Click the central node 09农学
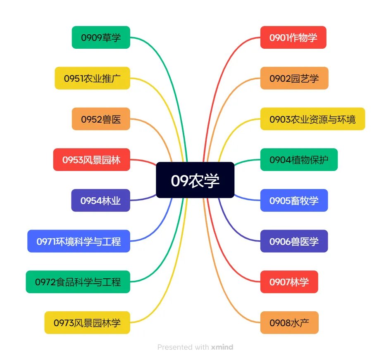click(x=195, y=180)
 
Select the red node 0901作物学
click(x=293, y=38)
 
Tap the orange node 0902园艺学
click(x=294, y=78)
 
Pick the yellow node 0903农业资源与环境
click(x=312, y=119)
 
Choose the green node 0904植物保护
click(x=298, y=159)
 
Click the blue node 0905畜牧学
click(x=293, y=200)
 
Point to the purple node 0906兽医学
click(x=293, y=241)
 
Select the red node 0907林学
click(x=289, y=282)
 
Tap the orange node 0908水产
click(x=289, y=322)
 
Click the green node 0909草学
click(x=101, y=38)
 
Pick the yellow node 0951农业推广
click(x=92, y=78)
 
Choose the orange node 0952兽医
click(x=101, y=119)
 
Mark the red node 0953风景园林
click(x=91, y=159)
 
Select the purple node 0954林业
click(x=100, y=200)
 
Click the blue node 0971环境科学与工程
click(x=79, y=241)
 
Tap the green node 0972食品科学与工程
click(x=78, y=282)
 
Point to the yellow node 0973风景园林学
click(x=87, y=322)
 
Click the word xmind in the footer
click(x=222, y=347)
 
